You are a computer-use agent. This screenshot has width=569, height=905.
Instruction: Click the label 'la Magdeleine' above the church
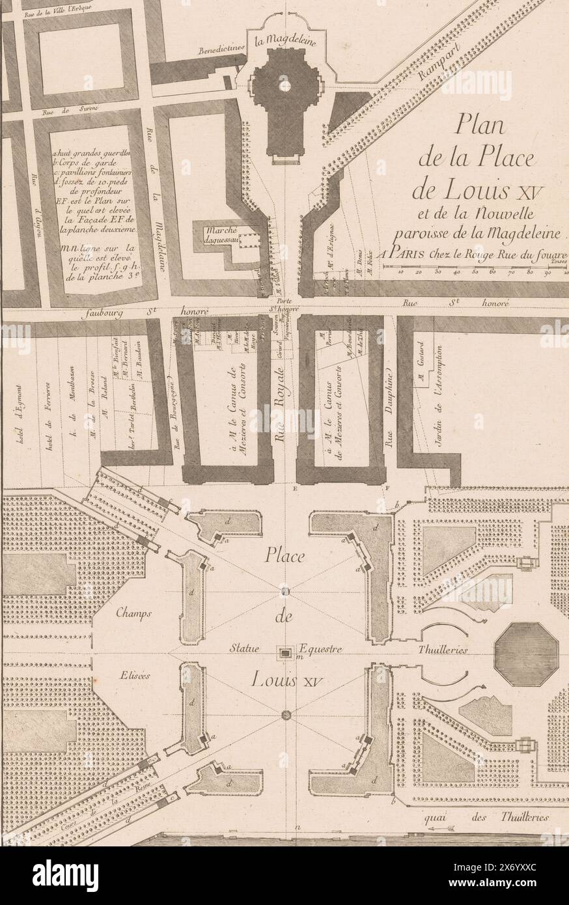[x=284, y=44]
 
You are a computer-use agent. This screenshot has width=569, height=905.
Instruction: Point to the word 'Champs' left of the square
[x=135, y=613]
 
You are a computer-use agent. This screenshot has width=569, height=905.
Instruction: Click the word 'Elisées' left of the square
[x=135, y=675]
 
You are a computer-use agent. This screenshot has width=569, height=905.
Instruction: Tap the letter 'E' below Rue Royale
[x=295, y=488]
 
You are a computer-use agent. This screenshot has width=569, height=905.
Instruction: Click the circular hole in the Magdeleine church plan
[x=284, y=86]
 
